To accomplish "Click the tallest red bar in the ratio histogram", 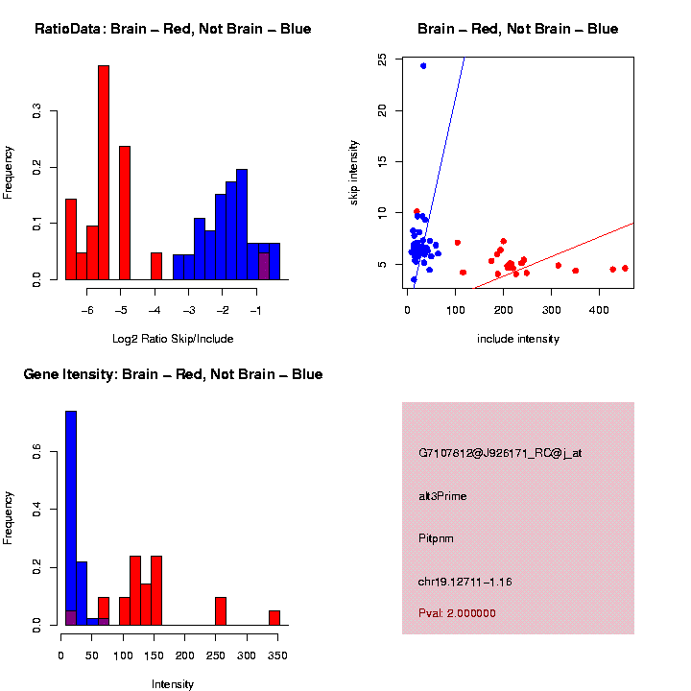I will [104, 173].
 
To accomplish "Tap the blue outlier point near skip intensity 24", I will [423, 65].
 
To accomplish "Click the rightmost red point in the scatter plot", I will [625, 269].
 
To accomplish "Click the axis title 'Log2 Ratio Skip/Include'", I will [173, 339].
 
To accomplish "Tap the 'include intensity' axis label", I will [518, 339].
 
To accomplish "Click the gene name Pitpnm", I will [437, 538].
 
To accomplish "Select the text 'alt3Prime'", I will [442, 496].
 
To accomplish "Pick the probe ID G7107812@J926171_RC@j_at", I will [500, 453].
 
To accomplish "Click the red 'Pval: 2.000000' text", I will [458, 612].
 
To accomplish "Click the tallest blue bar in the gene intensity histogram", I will [71, 518].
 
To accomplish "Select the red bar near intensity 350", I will [274, 617].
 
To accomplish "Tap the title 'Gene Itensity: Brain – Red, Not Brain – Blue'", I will [173, 374].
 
